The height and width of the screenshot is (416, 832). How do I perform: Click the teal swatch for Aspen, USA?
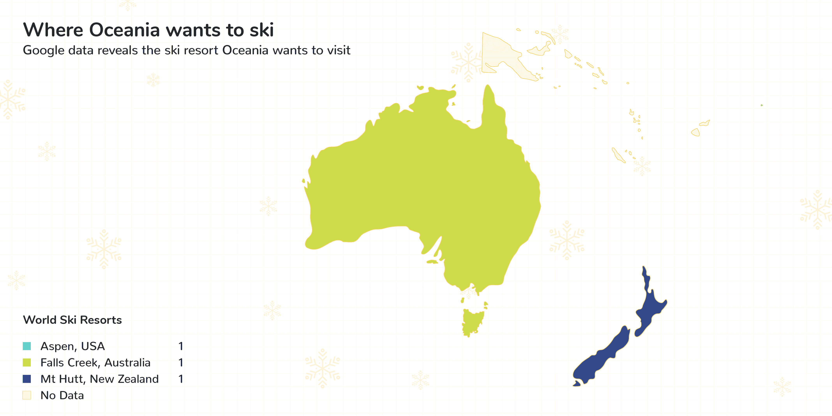[x=27, y=346]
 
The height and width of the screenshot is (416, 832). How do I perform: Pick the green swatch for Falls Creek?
[x=27, y=363]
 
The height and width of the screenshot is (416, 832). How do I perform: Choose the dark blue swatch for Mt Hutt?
[x=27, y=379]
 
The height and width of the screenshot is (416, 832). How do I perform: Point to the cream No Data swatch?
[x=27, y=395]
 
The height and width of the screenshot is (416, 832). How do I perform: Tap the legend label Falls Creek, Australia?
[x=95, y=363]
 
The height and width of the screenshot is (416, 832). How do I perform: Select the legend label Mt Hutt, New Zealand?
[x=100, y=379]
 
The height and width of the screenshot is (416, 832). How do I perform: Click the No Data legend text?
[x=62, y=395]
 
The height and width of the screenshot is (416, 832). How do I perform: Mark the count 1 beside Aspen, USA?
[x=181, y=346]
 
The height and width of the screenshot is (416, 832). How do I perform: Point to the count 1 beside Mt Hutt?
[x=181, y=379]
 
